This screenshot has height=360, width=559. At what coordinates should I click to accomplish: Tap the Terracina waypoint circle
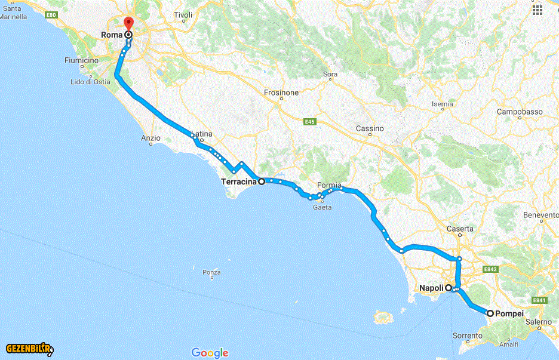[x=261, y=181]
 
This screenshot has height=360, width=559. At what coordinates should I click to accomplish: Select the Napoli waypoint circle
[x=448, y=287]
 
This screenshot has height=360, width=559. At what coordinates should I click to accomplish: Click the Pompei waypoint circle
[x=490, y=313]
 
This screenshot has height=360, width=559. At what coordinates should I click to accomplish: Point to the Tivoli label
[x=183, y=15]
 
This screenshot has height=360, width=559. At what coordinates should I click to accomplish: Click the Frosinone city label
[x=281, y=93]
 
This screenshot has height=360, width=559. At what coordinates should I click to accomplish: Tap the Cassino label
[x=370, y=129]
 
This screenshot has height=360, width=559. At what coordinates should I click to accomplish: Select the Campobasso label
[x=520, y=112]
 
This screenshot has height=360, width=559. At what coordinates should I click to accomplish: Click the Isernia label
[x=442, y=104]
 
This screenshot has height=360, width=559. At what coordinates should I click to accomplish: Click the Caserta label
[x=460, y=229]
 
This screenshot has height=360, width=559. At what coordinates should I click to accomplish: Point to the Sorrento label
[x=467, y=336]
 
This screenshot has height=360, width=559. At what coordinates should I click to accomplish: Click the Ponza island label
[x=212, y=272]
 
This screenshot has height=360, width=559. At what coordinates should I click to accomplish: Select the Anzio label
[x=150, y=138]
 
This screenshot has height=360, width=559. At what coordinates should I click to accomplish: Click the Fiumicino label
[x=82, y=60]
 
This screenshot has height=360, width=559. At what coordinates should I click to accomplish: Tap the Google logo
[x=210, y=353]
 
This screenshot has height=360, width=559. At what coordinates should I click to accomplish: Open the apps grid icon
[x=537, y=10]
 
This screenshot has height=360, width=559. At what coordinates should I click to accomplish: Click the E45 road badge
[x=309, y=122]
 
